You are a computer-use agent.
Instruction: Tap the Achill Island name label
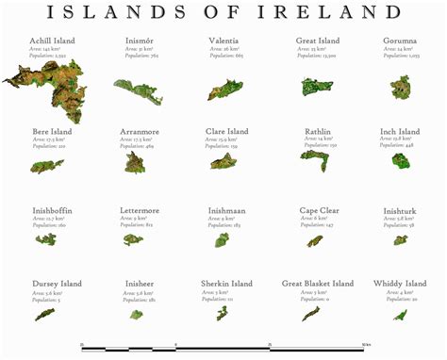pos(52,41)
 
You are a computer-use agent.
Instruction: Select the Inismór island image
pos(138,90)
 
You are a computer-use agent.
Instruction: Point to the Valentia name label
pos(226,41)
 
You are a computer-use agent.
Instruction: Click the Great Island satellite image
pos(316,87)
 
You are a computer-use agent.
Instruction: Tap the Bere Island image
pos(46,166)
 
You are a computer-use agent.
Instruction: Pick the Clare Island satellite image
pos(223,161)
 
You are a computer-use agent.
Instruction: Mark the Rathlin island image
pos(313,160)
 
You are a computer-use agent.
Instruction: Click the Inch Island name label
pos(400,132)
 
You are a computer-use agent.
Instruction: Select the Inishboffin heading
pos(52,210)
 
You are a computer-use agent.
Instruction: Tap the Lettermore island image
pos(133,240)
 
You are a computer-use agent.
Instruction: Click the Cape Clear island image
pos(314,241)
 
